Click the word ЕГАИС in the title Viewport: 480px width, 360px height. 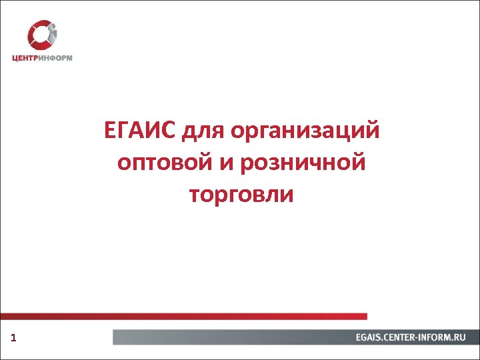pos(138,130)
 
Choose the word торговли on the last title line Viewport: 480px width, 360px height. pos(241,195)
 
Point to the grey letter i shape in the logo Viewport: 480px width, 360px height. pos(52,34)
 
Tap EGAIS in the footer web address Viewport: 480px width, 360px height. pos(370,337)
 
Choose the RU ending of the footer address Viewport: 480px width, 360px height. pos(460,337)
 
